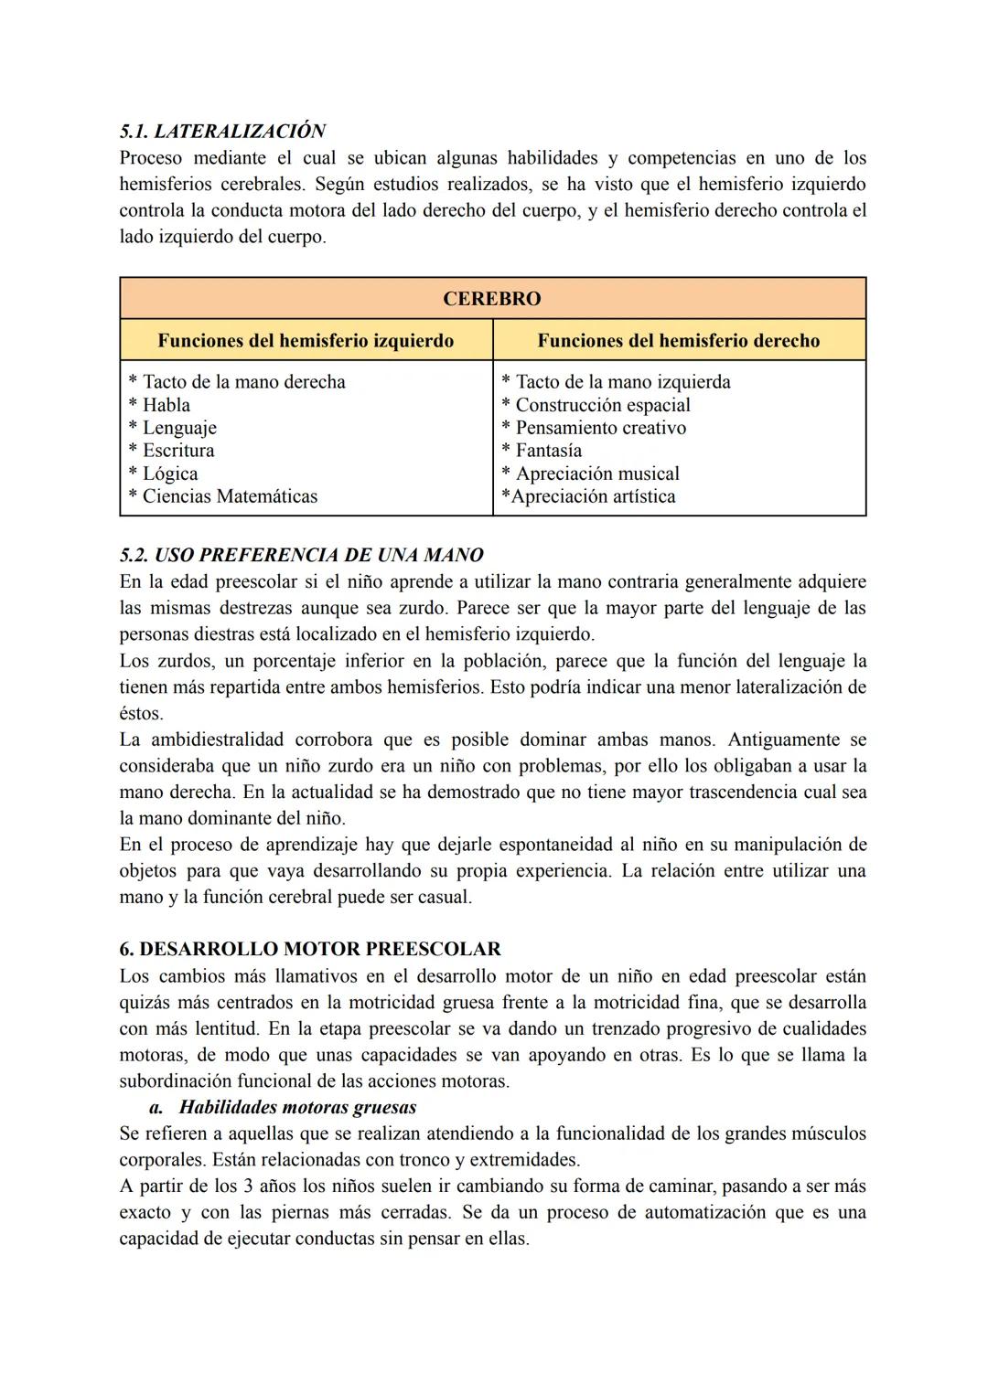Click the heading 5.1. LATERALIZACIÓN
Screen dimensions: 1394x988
222,131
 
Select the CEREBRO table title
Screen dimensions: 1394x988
492,299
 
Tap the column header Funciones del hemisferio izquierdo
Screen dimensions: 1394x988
306,341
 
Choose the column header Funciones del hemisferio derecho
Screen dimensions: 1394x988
678,341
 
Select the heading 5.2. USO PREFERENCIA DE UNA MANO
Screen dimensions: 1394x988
301,555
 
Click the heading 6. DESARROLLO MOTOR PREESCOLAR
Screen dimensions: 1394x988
310,949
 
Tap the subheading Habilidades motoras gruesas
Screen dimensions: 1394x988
297,1107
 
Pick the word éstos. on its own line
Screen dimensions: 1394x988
141,713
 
